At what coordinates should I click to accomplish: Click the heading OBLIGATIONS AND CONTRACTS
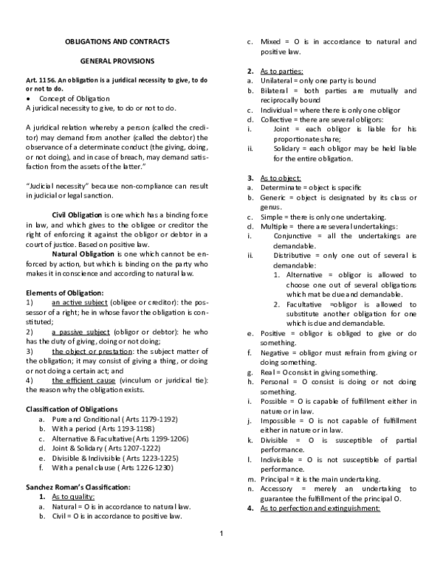coord(113,41)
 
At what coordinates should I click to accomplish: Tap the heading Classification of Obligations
coord(72,408)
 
